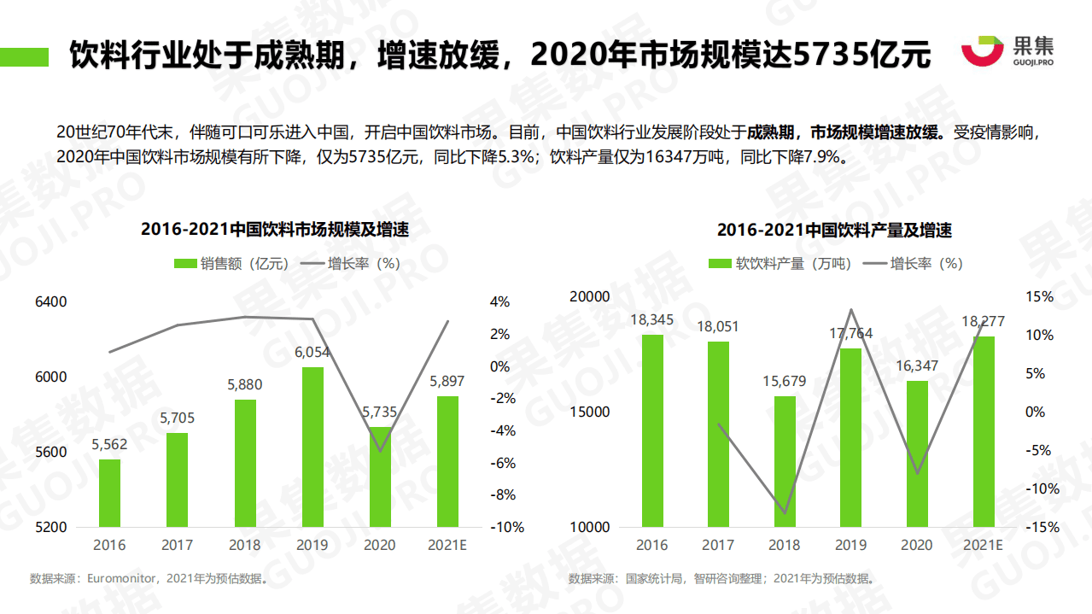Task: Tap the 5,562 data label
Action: coord(109,445)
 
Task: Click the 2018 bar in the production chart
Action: coord(785,461)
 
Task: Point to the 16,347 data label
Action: coord(916,366)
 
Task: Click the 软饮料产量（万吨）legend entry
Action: coord(780,264)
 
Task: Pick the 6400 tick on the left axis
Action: coord(51,301)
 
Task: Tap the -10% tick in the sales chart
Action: coord(507,527)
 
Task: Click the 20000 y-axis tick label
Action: coord(590,296)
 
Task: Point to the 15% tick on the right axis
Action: coord(1040,296)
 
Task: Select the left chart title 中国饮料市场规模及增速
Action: coord(274,229)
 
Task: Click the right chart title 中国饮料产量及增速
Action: coord(833,230)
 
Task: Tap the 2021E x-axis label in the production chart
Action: coord(983,545)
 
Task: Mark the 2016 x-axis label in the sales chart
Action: coord(109,545)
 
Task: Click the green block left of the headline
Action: coord(25,56)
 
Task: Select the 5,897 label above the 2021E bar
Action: coord(447,381)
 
